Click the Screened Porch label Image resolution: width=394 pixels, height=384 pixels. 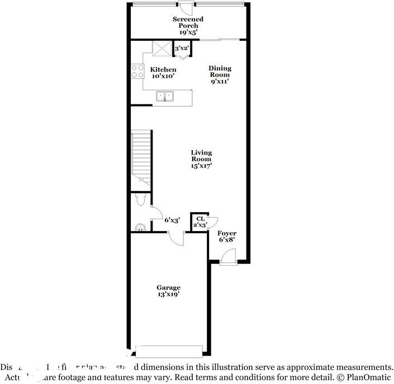point(188,26)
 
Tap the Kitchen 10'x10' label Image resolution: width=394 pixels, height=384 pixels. point(163,73)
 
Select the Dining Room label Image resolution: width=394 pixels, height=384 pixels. point(220,75)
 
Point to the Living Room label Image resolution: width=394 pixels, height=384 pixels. point(201,159)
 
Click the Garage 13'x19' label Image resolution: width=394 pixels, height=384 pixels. point(168,291)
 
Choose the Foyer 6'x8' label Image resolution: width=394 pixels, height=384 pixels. point(226,236)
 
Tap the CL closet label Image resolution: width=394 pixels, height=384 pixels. point(200,222)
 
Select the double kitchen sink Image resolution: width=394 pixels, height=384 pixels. point(165,97)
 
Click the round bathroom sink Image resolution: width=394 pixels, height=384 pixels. point(141,226)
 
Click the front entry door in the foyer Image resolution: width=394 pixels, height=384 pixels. point(228,257)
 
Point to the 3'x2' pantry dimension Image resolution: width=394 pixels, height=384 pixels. point(182,49)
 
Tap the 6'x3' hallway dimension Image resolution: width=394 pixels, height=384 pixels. point(171,220)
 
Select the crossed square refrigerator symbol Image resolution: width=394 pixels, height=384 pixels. point(162,49)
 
